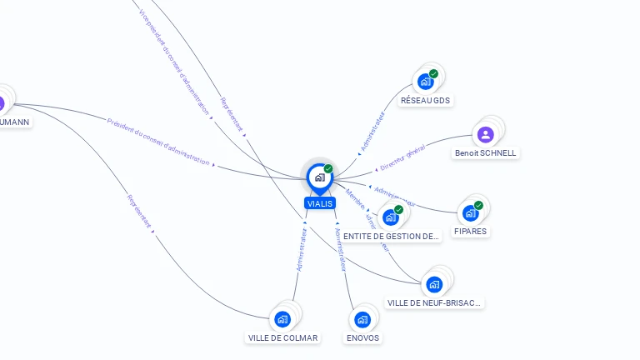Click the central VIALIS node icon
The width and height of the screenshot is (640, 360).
[319, 177]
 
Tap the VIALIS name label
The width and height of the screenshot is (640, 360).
[319, 203]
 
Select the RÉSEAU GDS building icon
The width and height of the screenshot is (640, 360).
[425, 82]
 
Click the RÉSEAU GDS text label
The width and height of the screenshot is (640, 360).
[425, 100]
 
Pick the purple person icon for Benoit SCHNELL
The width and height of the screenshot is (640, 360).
[486, 134]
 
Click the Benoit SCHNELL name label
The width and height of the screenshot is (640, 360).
[486, 153]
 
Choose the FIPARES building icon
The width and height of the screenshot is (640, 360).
[471, 213]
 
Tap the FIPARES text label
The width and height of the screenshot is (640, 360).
[471, 231]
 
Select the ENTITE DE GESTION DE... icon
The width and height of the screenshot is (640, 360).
[391, 217]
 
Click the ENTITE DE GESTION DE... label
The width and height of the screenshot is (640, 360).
[391, 237]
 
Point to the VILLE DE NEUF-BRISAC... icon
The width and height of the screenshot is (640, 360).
[434, 284]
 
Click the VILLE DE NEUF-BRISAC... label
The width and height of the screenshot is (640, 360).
[434, 302]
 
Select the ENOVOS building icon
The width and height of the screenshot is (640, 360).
[362, 319]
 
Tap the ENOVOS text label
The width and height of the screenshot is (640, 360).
[362, 337]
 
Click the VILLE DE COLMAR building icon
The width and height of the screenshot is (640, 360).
[282, 319]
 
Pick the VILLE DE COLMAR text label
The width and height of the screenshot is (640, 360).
[282, 337]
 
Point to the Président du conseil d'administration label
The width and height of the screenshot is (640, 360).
[158, 142]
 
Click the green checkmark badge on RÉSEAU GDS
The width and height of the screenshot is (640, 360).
[433, 73]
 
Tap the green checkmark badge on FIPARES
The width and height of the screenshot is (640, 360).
[478, 205]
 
